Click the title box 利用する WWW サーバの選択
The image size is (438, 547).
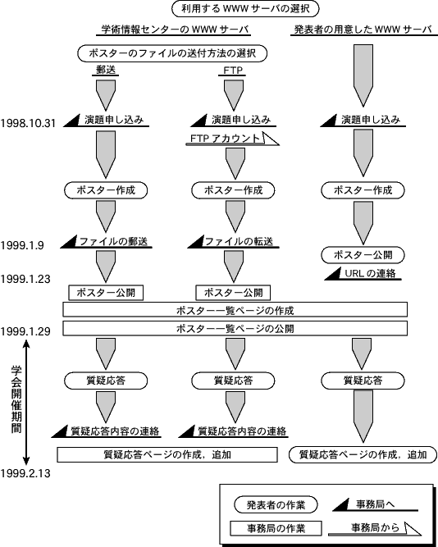click(x=245, y=9)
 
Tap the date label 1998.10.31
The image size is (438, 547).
click(x=28, y=123)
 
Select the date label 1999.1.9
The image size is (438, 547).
click(x=22, y=245)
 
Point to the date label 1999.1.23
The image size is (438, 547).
click(x=25, y=279)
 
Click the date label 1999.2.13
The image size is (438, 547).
click(x=25, y=473)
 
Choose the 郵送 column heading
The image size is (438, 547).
click(x=106, y=71)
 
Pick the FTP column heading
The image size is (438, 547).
click(x=233, y=71)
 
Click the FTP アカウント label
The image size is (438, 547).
click(x=226, y=139)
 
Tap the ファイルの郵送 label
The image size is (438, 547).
click(x=113, y=241)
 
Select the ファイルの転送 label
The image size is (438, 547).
click(x=239, y=241)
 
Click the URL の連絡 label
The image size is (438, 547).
click(x=370, y=274)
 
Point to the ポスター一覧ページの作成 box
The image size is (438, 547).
click(x=235, y=310)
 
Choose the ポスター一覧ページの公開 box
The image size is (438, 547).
click(x=235, y=329)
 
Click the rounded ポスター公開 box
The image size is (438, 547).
click(x=363, y=255)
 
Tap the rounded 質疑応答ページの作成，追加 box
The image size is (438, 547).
click(x=363, y=454)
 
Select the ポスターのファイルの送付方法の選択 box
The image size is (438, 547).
click(x=172, y=53)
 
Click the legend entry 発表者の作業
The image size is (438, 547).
click(x=276, y=505)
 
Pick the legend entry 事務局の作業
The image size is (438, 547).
click(x=276, y=528)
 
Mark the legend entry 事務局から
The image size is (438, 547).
click(x=375, y=527)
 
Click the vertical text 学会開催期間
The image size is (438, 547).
click(x=16, y=399)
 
